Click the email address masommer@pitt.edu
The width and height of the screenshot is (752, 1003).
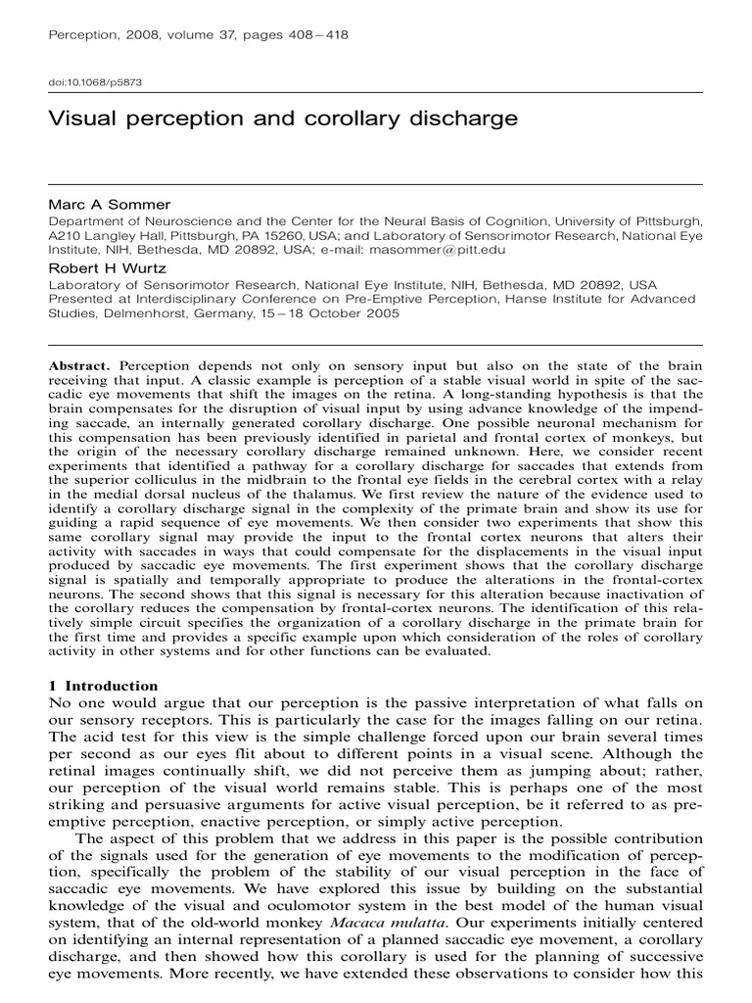click(x=432, y=251)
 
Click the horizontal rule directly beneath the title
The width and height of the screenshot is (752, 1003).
click(x=376, y=183)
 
